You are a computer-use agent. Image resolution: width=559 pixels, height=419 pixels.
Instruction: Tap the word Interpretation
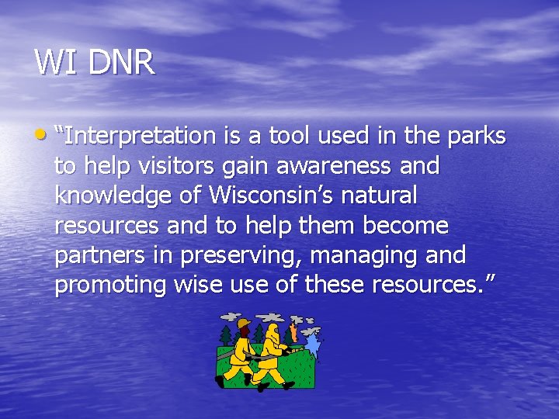click(x=141, y=137)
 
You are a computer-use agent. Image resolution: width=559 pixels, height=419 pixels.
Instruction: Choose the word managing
click(x=380, y=255)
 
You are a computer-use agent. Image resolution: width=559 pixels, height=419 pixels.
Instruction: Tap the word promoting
click(x=110, y=285)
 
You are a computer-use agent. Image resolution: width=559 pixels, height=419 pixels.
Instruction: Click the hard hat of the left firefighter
click(x=243, y=323)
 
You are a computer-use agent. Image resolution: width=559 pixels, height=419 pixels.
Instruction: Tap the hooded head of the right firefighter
click(x=273, y=329)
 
